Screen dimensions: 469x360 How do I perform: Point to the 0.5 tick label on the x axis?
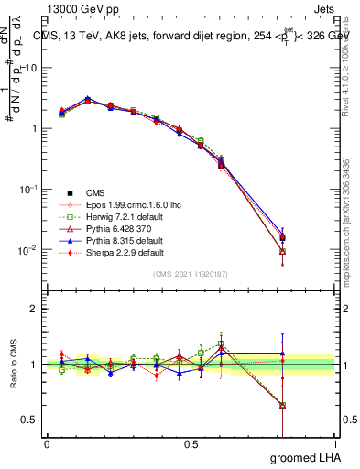click(x=191, y=444)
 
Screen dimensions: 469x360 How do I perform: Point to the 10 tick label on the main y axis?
click(x=30, y=68)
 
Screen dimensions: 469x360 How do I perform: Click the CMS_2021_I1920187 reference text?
click(x=191, y=274)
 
